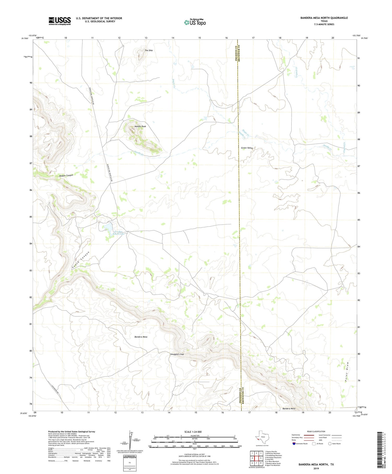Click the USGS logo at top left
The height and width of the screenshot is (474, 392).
click(x=60, y=21)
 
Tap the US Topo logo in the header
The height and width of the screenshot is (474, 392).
click(x=195, y=22)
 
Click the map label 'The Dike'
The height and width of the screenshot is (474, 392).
click(x=149, y=50)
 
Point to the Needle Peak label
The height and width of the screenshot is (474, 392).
click(x=140, y=126)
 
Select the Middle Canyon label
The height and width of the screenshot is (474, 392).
click(x=66, y=175)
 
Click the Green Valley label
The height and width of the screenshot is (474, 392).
click(x=247, y=148)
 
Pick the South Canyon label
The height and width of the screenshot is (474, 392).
click(x=81, y=260)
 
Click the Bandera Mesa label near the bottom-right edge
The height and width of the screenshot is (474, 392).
click(x=289, y=408)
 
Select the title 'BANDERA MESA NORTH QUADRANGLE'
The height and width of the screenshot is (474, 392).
click(x=324, y=18)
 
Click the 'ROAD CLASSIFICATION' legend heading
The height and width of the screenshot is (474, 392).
click(x=316, y=431)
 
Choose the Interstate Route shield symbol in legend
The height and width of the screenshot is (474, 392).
click(x=295, y=444)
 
